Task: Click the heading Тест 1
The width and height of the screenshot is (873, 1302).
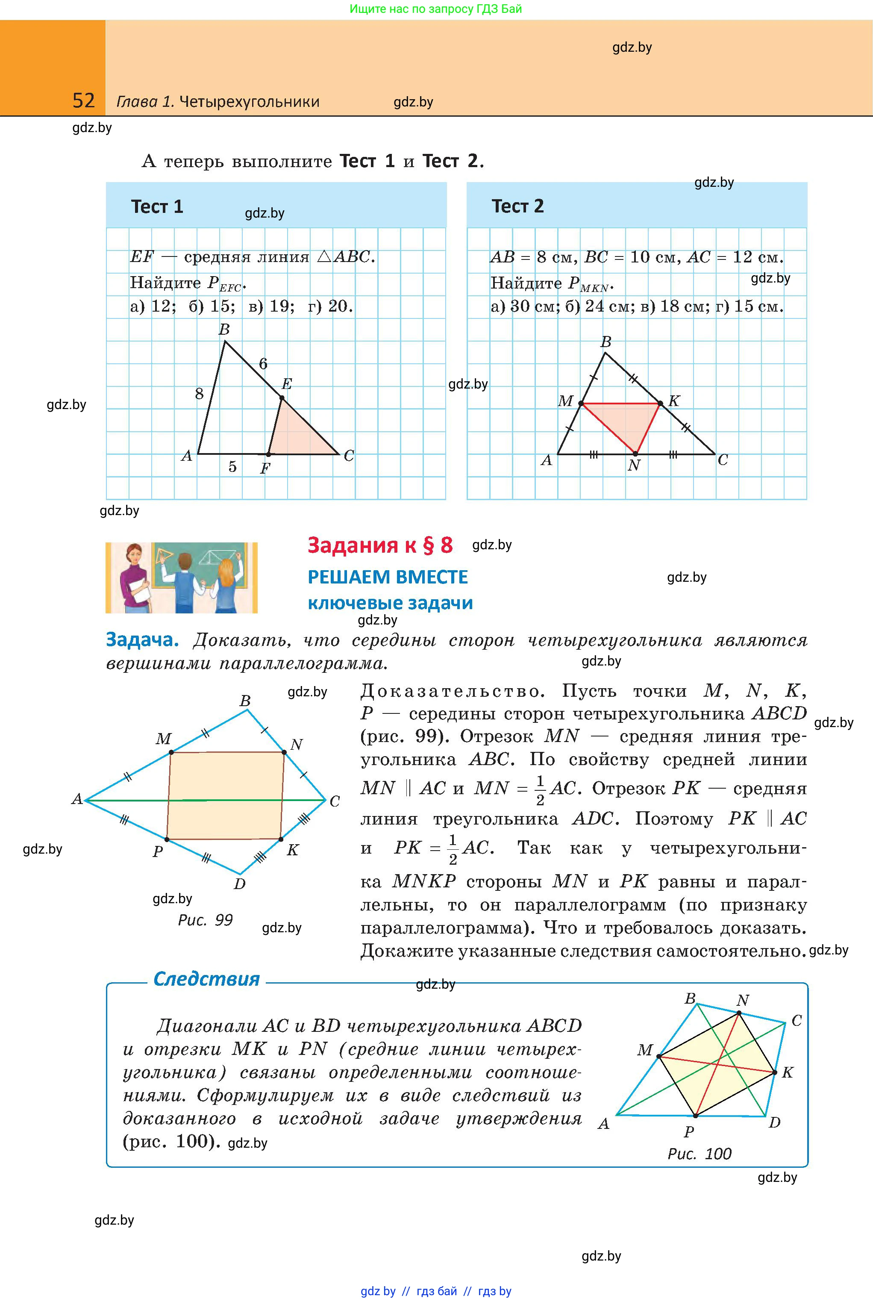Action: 156,206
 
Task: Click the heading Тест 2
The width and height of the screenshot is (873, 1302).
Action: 517,206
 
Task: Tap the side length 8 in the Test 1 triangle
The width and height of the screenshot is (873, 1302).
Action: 199,394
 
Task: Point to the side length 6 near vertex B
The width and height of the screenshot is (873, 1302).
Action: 263,364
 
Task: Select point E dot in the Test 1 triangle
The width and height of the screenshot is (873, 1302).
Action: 282,398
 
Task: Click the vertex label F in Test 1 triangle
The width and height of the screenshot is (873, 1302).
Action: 265,468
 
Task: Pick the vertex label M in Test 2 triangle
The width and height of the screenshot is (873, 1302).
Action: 565,401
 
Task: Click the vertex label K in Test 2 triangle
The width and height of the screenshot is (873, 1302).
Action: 674,401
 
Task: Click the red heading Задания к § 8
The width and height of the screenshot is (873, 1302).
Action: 380,545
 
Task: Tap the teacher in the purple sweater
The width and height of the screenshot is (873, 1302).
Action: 134,579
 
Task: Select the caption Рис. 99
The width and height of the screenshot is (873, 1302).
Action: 205,920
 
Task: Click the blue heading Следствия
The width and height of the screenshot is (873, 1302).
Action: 206,978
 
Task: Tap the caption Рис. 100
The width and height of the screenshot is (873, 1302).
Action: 699,1153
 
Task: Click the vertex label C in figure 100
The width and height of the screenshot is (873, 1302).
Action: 797,1021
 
